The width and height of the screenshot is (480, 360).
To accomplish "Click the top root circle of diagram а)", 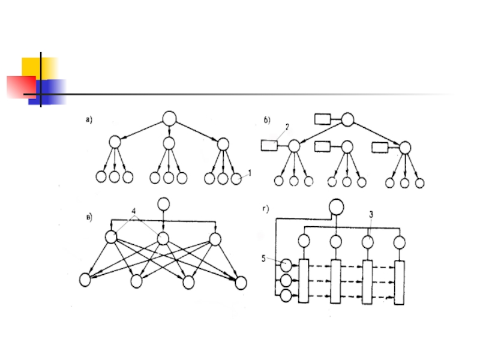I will [x=169, y=118].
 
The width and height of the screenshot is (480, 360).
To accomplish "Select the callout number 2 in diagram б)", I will [x=287, y=127].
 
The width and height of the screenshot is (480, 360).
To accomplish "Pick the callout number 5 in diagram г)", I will [x=264, y=259].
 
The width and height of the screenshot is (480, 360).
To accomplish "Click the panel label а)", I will [x=88, y=119].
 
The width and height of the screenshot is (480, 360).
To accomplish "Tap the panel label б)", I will [x=268, y=120].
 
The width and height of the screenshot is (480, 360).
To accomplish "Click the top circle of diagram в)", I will [x=162, y=205].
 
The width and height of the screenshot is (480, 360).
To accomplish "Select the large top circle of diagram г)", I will [x=336, y=208].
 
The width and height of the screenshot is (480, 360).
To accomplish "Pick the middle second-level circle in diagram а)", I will [x=169, y=143].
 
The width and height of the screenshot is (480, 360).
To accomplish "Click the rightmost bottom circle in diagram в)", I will [x=241, y=282].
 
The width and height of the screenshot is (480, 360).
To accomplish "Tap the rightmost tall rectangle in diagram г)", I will [x=400, y=282].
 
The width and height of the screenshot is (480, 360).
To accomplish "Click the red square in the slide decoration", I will [x=22, y=87].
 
